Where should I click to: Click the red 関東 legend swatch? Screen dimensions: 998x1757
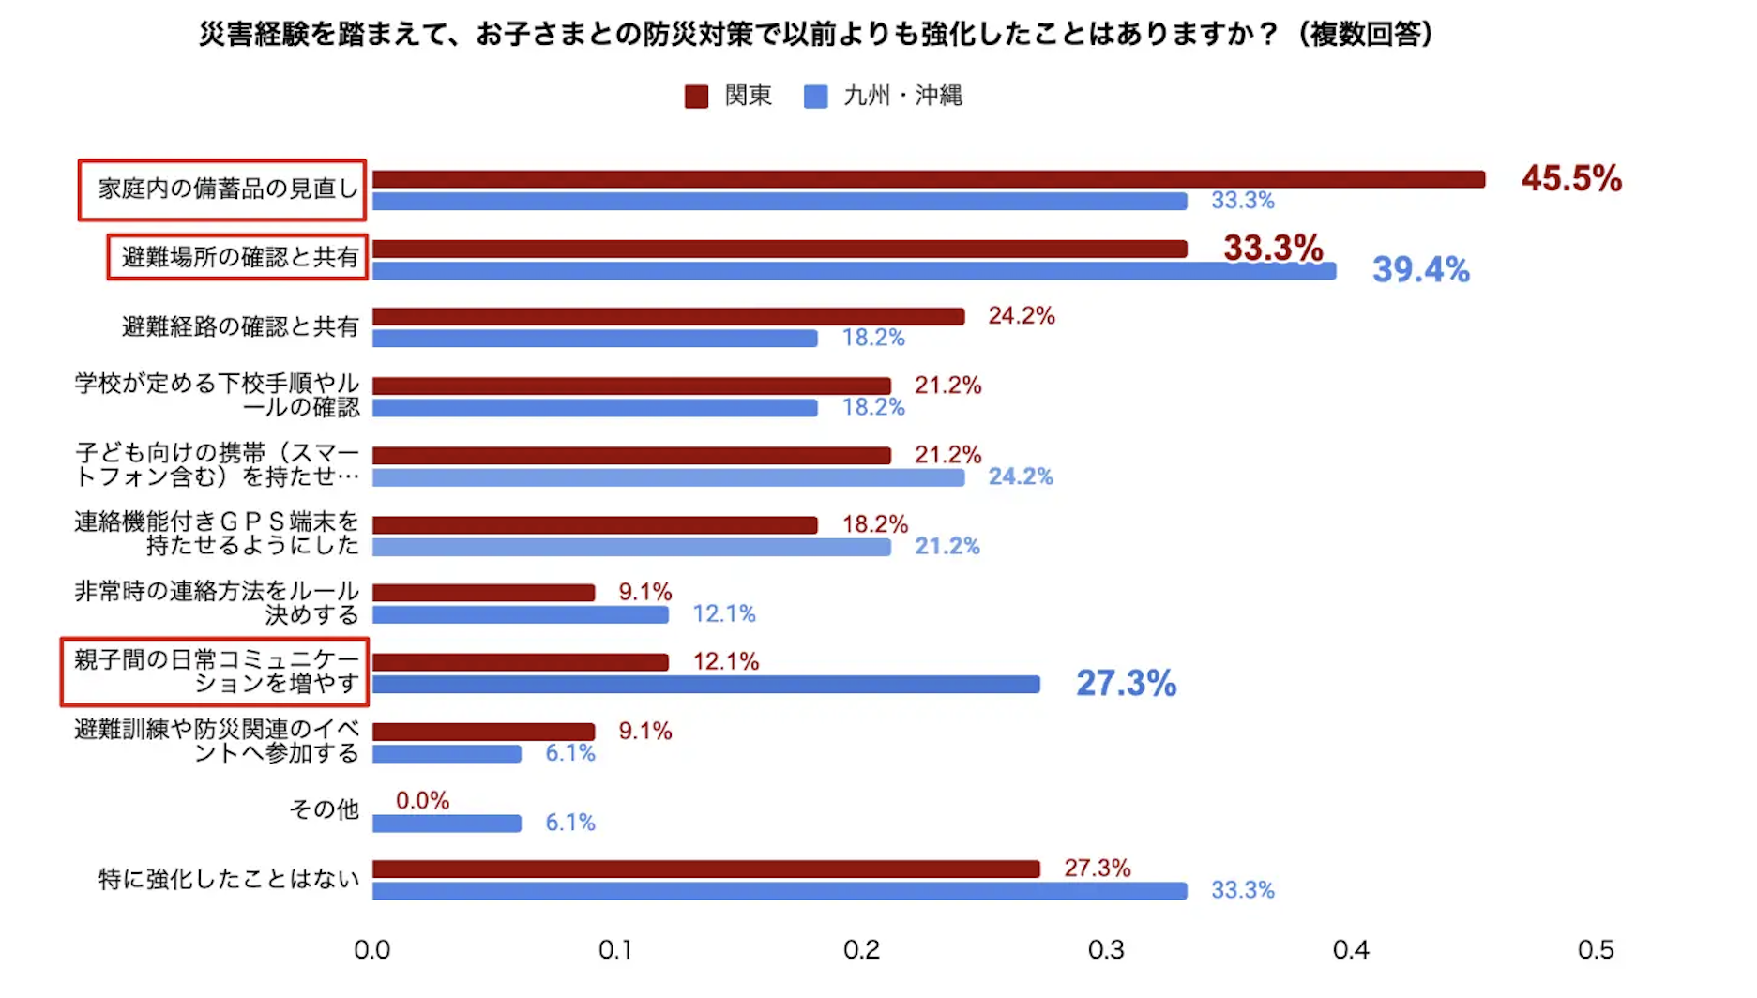tap(696, 97)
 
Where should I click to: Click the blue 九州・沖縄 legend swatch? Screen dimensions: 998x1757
tap(815, 97)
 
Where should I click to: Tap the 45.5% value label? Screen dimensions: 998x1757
tap(1571, 178)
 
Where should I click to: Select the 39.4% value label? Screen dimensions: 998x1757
tap(1420, 270)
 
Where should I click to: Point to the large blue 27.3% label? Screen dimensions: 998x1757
tap(1126, 683)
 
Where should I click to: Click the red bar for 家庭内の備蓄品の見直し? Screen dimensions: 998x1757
tap(928, 179)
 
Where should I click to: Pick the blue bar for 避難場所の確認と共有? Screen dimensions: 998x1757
tap(854, 271)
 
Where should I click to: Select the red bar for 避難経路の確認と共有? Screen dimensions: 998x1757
tap(668, 317)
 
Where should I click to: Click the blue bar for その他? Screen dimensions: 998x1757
tap(447, 824)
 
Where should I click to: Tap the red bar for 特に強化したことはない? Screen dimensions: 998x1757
tap(705, 869)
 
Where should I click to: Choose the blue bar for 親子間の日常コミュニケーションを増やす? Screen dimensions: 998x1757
tap(705, 685)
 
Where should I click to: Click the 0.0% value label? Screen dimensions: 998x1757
tap(422, 800)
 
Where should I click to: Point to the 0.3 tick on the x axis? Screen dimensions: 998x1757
tap(1106, 950)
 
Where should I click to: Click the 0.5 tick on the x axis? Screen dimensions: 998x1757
tap(1596, 950)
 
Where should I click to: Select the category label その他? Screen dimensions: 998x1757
tap(324, 809)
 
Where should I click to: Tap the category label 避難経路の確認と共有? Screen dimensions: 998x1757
tap(240, 326)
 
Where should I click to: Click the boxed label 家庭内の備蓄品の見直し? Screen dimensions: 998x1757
tap(228, 189)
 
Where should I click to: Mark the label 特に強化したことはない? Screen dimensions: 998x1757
tap(229, 879)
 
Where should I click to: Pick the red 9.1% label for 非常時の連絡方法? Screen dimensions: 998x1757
tap(644, 592)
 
